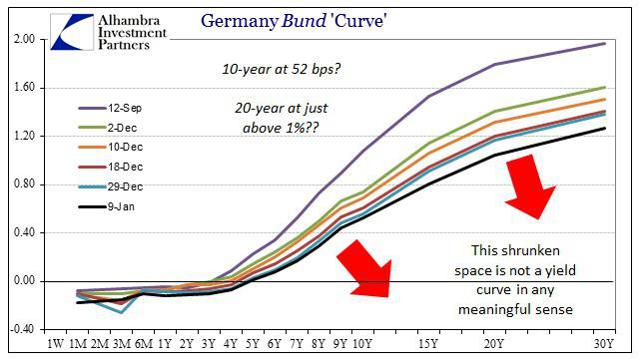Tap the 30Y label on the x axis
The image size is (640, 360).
click(x=604, y=345)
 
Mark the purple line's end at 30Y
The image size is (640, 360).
click(x=605, y=44)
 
